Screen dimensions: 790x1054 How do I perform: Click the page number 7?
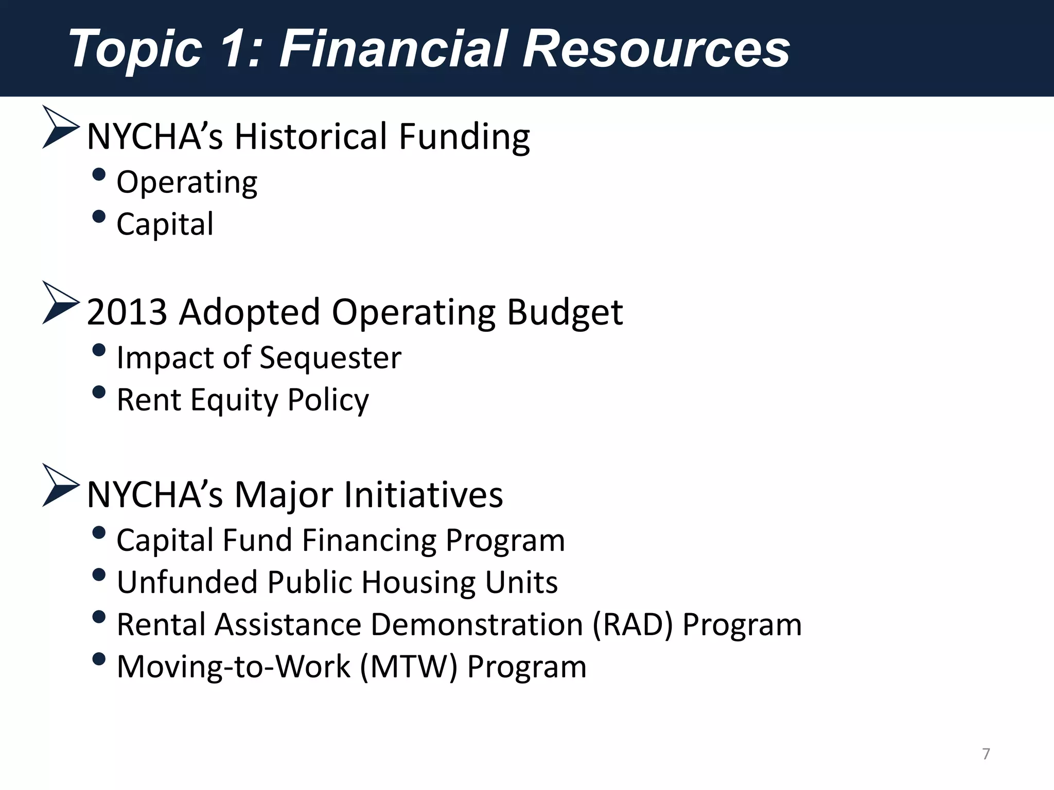point(986,754)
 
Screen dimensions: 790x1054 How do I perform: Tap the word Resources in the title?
point(656,48)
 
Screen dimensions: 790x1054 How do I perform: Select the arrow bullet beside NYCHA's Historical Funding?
point(60,128)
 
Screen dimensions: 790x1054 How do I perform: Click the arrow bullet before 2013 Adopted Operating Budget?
point(60,303)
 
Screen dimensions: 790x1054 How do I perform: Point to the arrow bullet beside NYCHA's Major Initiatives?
point(60,486)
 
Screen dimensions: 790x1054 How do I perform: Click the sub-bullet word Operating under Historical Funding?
point(187,183)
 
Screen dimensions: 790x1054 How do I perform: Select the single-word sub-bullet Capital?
point(165,224)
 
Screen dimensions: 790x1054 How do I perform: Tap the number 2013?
point(127,312)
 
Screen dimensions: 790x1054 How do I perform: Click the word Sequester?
point(330,358)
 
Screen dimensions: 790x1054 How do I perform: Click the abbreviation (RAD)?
point(633,625)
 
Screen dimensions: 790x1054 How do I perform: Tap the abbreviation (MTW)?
point(409,667)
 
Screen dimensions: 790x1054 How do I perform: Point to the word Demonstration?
point(477,625)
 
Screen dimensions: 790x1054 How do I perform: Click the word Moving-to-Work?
point(234,667)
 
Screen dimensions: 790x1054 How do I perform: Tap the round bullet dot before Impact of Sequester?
point(99,351)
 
